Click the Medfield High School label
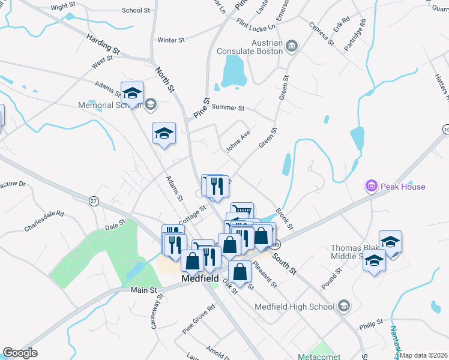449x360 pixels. (294, 307)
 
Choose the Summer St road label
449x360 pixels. (228, 108)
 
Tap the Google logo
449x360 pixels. (20, 352)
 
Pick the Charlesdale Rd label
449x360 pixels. (44, 220)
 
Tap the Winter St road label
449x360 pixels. (170, 40)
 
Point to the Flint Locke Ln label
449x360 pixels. (256, 26)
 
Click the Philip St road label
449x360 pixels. (371, 323)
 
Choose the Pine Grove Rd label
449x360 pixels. (199, 319)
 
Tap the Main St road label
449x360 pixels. (143, 290)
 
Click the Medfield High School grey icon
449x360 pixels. (343, 307)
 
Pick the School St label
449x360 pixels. (136, 10)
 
